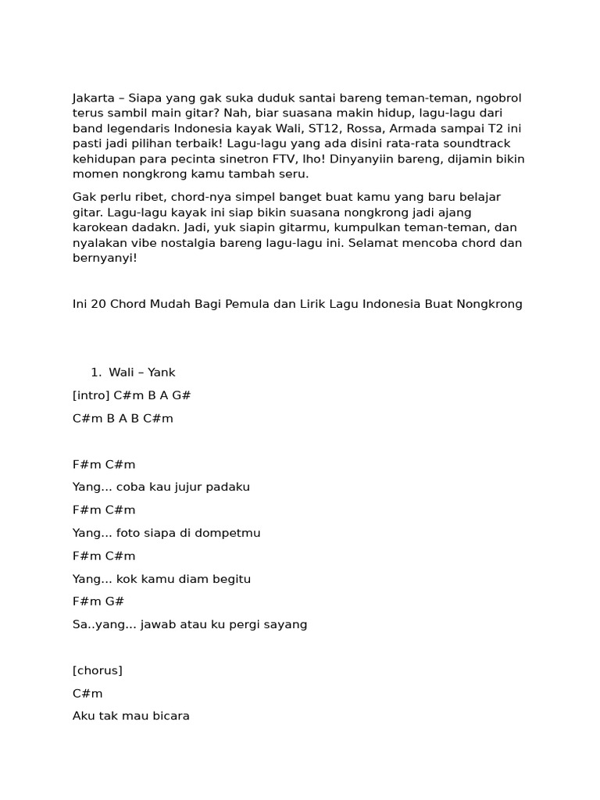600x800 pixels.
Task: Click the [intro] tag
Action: coord(91,395)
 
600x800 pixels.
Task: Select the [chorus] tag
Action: coord(98,670)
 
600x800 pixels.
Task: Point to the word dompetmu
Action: coord(226,533)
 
